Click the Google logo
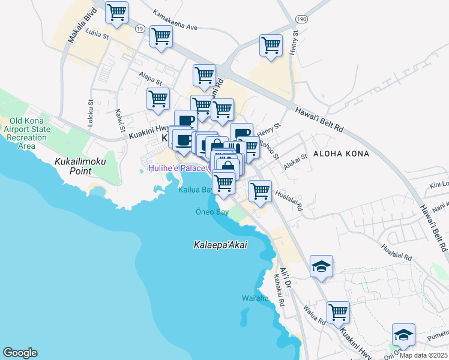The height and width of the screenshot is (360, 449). tap(20, 353)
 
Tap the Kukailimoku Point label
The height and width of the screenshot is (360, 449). tap(72, 166)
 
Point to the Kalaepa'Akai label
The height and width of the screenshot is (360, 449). tap(221, 245)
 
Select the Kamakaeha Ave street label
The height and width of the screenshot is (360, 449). tap(175, 28)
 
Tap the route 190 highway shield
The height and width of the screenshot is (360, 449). tap(301, 20)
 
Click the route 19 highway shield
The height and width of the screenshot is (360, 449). tap(140, 28)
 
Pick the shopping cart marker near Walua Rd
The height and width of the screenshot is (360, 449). tap(339, 312)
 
